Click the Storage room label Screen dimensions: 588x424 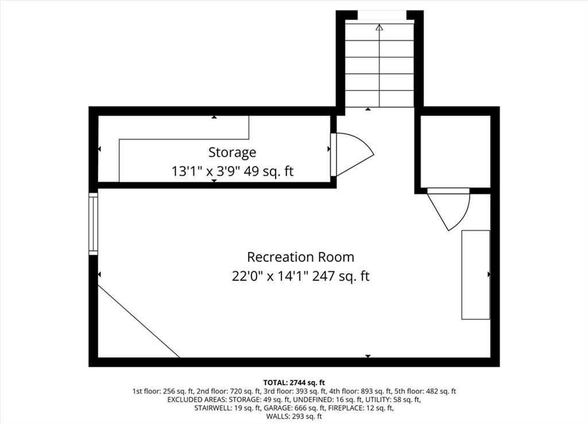[232, 152]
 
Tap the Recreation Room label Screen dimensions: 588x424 [300, 257]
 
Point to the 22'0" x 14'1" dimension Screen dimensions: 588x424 [270, 276]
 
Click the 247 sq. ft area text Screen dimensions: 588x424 [341, 276]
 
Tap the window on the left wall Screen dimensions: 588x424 [94, 223]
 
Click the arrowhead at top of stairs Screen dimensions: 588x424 [380, 28]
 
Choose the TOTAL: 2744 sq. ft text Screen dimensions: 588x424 [294, 383]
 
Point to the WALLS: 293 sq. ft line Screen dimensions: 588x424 [294, 417]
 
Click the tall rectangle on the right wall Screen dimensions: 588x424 [475, 275]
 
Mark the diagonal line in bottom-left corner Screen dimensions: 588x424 [139, 322]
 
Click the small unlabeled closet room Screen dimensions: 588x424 [455, 151]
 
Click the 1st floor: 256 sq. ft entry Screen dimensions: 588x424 [163, 391]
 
